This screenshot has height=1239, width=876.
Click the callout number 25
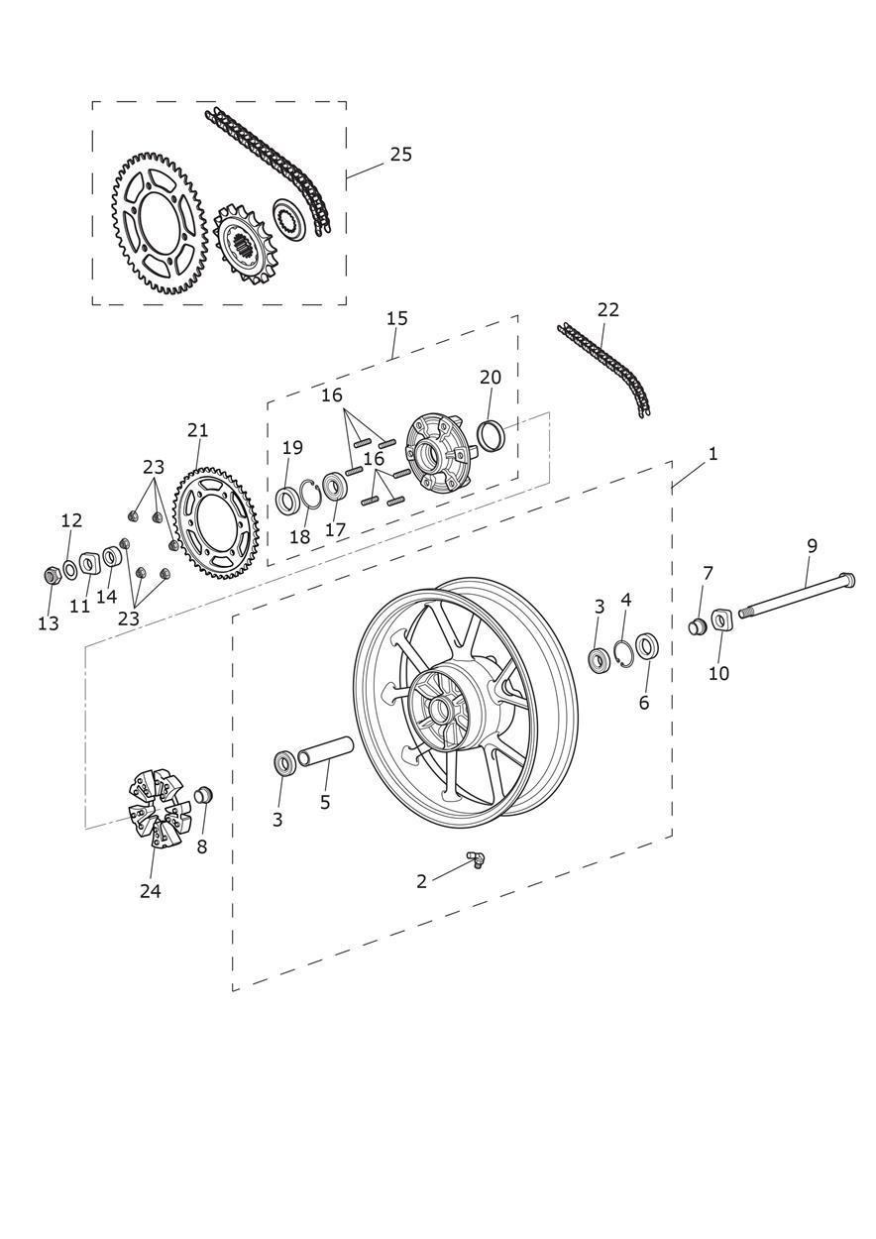400,155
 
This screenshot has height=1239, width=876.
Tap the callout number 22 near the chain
607,310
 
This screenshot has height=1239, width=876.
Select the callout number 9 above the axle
812,546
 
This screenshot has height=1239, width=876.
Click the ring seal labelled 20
492,434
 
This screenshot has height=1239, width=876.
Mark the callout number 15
396,319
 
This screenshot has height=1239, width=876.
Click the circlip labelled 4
623,652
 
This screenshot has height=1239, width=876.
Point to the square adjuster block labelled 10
720,620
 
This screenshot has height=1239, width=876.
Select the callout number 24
150,891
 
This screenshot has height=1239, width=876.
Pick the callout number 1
712,454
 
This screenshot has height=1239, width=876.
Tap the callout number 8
202,847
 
